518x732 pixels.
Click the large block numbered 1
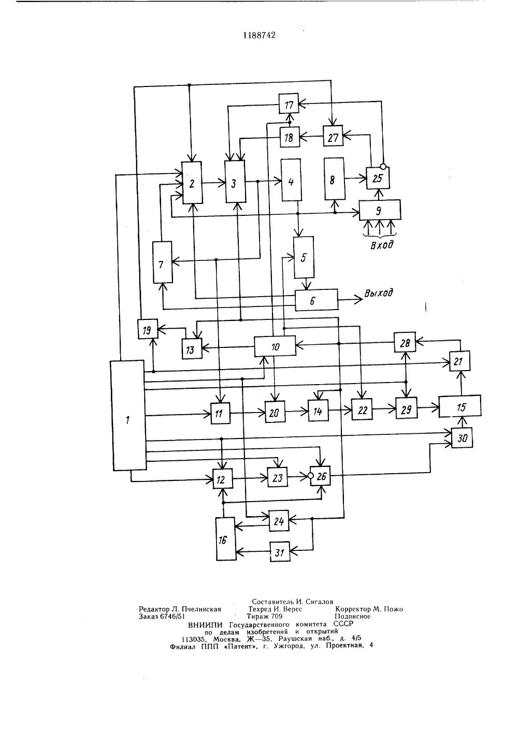[128, 415]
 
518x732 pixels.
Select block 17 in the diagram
[289, 104]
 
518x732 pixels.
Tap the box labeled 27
[333, 136]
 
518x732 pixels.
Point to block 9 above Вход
[380, 210]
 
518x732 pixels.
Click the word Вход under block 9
[382, 244]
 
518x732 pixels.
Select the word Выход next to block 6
[378, 293]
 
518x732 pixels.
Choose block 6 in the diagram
[316, 300]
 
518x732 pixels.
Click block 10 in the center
[275, 346]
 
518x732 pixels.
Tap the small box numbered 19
[148, 329]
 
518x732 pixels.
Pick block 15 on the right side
[459, 406]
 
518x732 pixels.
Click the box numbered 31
[280, 552]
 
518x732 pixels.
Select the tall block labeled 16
[226, 539]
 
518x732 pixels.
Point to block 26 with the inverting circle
[320, 476]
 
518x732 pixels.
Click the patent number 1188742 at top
[260, 35]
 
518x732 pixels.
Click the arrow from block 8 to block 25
[355, 179]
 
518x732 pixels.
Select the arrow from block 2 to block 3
[213, 183]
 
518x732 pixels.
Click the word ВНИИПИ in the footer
[205, 624]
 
